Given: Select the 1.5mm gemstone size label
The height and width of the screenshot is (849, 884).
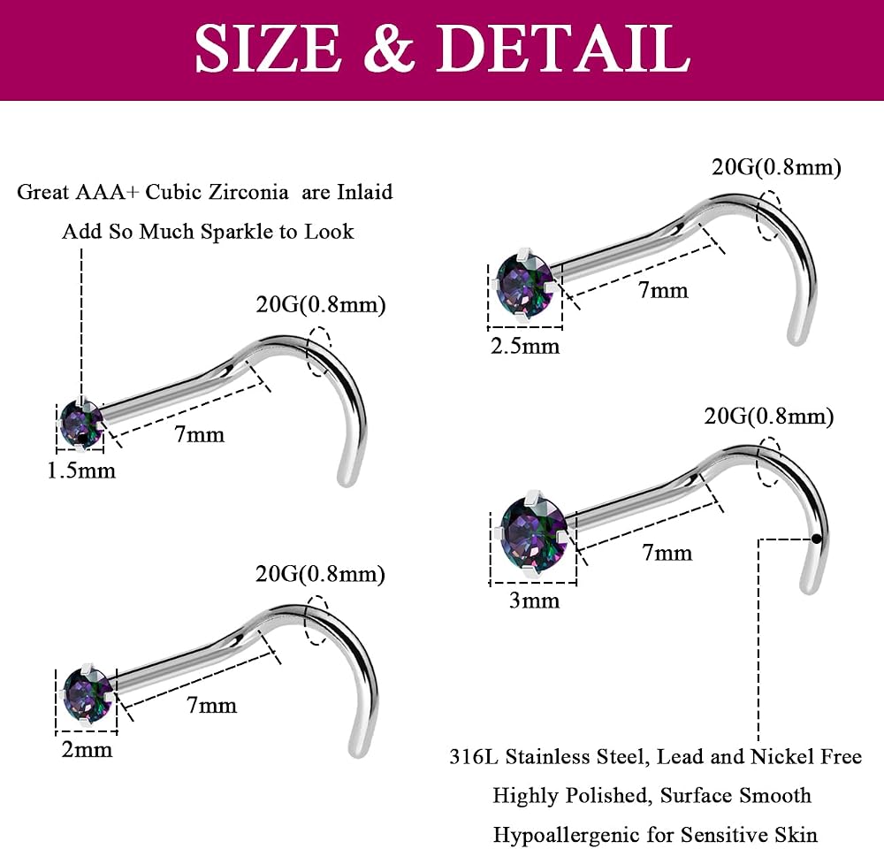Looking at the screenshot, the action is (81, 470).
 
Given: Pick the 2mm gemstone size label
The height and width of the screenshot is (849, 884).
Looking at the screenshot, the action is (87, 750).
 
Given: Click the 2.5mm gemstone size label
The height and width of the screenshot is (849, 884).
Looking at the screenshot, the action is (525, 346).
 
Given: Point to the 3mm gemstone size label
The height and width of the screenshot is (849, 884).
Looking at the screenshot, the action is (535, 600).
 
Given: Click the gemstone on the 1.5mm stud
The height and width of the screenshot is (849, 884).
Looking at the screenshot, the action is (80, 424).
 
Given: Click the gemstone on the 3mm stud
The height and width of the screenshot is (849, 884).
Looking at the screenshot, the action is (533, 533).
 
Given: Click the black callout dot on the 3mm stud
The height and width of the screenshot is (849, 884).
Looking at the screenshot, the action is (816, 539).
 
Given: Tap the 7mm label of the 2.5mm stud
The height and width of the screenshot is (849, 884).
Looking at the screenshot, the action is (663, 290).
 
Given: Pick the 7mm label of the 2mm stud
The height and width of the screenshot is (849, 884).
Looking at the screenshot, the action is (211, 705).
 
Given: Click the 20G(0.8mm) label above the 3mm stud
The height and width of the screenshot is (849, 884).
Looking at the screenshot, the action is (769, 417).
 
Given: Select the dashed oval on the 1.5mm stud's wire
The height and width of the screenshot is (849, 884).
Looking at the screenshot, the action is (318, 351).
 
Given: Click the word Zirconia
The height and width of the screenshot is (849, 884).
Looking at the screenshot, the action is (248, 192).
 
